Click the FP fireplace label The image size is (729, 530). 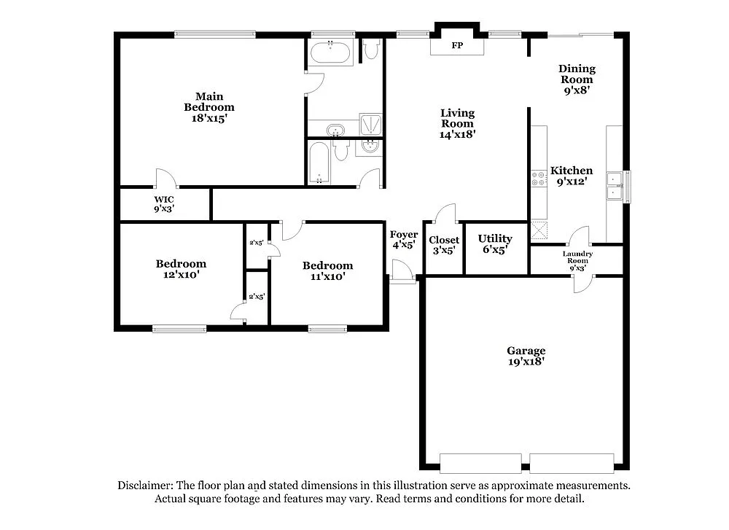457,46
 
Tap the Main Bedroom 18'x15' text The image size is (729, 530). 208,107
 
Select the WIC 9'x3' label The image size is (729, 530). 163,204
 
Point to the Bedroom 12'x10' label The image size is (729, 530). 180,269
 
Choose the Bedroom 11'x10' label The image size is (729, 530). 327,270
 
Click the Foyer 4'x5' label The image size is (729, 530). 403,240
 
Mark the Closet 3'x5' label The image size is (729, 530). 444,245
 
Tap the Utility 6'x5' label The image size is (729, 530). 495,243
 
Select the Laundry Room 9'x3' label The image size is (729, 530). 577,260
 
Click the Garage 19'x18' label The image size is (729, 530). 526,356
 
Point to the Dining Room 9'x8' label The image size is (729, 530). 577,79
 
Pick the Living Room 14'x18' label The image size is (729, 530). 457,123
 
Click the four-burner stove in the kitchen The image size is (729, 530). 539,179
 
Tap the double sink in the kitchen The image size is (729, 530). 615,186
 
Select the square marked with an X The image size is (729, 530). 539,230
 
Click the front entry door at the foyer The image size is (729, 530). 402,274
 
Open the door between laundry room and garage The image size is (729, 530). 582,284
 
